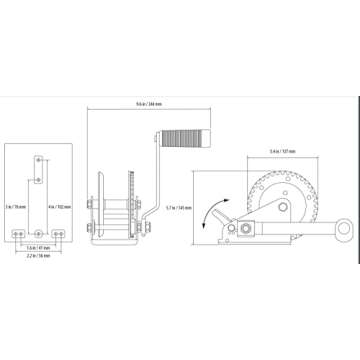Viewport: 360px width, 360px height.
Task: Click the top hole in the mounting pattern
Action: pyautogui.click(x=39, y=158)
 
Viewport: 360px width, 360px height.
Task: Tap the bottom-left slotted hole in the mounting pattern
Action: pyautogui.click(x=17, y=232)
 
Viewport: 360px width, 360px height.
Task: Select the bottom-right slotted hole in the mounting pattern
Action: pyautogui.click(x=61, y=232)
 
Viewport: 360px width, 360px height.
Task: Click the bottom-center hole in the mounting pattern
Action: pyautogui.click(x=39, y=232)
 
